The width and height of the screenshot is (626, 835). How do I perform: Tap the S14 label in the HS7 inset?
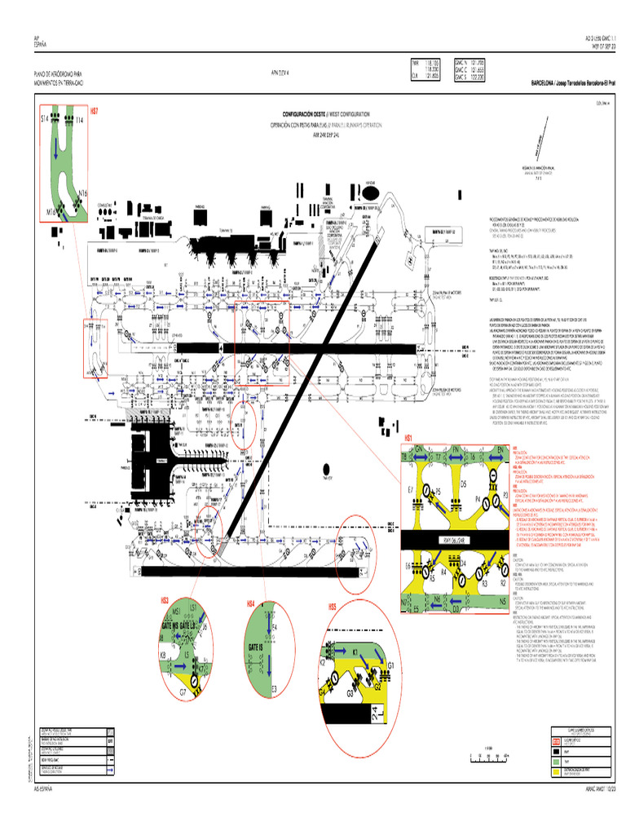click(x=46, y=119)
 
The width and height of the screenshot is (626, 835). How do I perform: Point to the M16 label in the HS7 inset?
click(x=51, y=211)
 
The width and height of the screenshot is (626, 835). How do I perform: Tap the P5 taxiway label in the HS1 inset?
click(x=437, y=491)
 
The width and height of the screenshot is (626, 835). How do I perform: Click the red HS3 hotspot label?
click(x=164, y=600)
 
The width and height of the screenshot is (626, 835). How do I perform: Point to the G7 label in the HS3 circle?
click(x=183, y=692)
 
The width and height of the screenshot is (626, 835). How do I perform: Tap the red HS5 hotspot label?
click(x=333, y=607)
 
